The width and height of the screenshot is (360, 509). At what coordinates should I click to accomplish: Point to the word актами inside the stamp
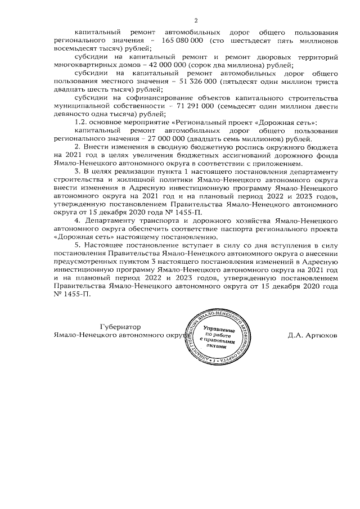pos(216,346)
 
